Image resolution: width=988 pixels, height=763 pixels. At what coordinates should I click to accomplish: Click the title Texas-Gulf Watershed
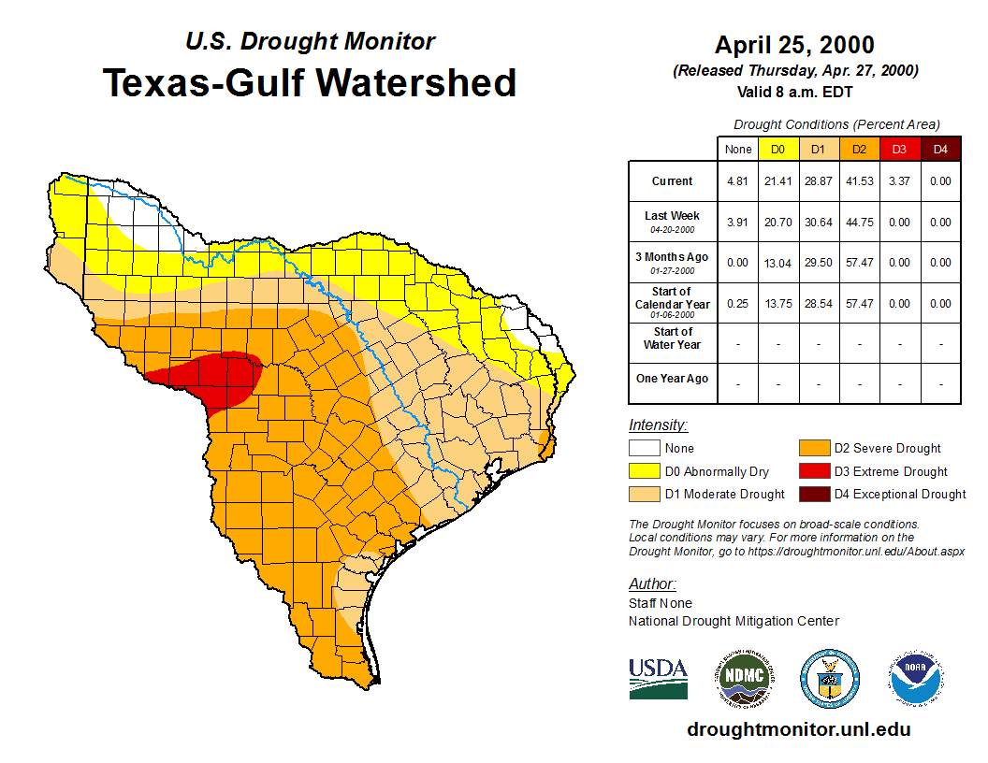coord(309,82)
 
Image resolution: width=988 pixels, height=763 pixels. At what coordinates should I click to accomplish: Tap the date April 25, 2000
coord(794,45)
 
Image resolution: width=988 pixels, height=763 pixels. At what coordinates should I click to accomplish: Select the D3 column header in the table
coord(898,150)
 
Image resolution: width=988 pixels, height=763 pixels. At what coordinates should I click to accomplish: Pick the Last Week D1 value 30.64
coord(818,223)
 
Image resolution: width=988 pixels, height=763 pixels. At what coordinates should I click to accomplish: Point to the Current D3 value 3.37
coord(898,181)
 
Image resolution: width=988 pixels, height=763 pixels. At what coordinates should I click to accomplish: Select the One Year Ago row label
coord(672,379)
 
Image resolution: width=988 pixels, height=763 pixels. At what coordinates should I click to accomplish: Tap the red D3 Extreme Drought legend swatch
coord(814,471)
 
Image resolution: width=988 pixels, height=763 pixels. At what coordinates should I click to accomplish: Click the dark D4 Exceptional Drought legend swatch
coord(814,494)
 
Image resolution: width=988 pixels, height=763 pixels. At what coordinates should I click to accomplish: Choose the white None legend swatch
coord(645,449)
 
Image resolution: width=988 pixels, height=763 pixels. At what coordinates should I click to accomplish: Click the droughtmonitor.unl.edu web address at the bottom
coord(798,729)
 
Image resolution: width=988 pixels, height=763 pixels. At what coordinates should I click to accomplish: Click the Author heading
coord(652,584)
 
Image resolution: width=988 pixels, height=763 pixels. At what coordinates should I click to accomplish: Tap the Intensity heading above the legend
coord(658,425)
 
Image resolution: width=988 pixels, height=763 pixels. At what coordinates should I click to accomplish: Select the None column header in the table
coord(738,150)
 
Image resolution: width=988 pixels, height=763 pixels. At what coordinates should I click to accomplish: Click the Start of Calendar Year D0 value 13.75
coord(777,304)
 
